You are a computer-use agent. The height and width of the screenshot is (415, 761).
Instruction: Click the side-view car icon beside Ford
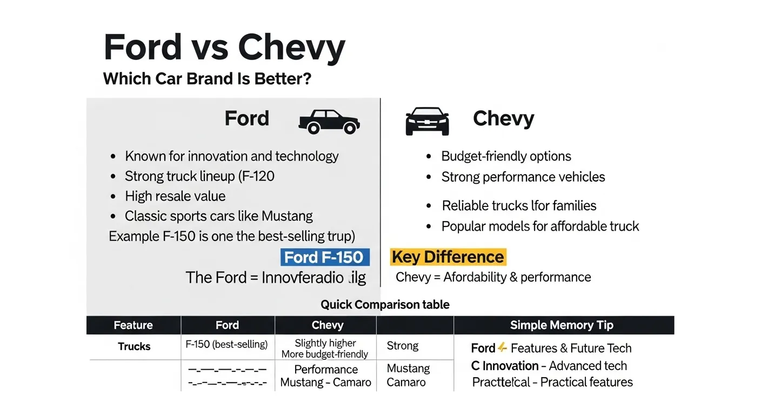(x=329, y=121)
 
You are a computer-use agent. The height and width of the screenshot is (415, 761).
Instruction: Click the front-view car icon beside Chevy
(x=427, y=121)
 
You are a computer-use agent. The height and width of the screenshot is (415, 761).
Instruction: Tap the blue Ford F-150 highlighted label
(x=325, y=257)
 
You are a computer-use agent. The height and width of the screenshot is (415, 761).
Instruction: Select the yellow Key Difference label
(x=448, y=257)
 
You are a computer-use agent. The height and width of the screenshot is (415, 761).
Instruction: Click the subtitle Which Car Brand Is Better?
(x=207, y=79)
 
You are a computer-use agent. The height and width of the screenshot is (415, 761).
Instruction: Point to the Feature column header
(x=133, y=325)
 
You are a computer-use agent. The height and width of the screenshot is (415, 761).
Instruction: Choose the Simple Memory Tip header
(x=562, y=325)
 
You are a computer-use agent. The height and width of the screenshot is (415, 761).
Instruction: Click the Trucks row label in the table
(x=134, y=347)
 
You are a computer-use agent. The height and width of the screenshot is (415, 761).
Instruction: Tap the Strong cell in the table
(x=403, y=346)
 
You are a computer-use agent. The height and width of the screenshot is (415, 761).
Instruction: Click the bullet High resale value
(x=175, y=196)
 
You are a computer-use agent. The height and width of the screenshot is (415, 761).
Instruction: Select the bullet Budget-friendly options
(x=506, y=157)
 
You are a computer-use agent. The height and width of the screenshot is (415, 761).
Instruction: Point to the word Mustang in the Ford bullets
(x=287, y=217)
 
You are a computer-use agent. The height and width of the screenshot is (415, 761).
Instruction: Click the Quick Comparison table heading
(x=385, y=305)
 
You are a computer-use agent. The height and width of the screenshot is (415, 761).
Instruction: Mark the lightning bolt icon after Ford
(x=502, y=347)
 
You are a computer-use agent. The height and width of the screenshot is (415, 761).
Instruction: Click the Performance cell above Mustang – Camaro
(x=326, y=370)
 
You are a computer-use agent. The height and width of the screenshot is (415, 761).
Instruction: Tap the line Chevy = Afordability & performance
(x=493, y=278)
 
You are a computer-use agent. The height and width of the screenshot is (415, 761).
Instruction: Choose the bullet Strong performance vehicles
(x=523, y=177)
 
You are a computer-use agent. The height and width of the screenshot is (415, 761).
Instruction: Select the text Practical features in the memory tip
(x=586, y=382)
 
